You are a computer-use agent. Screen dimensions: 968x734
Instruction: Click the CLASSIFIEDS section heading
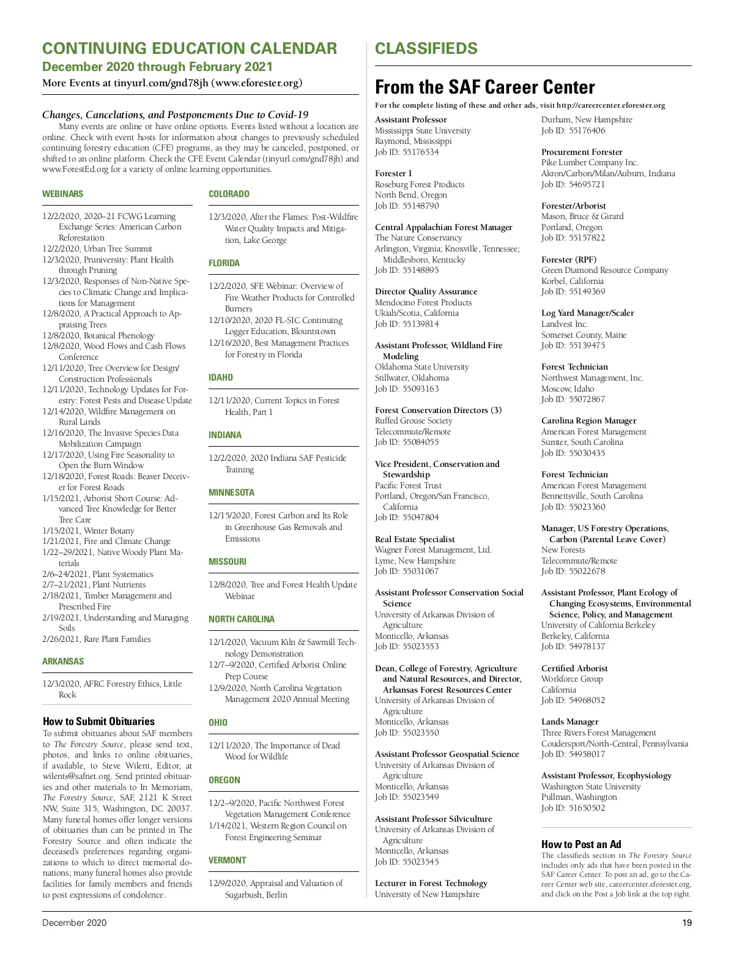[x=426, y=49]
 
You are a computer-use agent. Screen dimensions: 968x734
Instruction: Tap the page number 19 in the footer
[x=687, y=923]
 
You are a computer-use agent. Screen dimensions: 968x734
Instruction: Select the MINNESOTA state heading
[x=231, y=493]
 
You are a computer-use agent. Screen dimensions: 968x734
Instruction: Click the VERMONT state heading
[x=227, y=860]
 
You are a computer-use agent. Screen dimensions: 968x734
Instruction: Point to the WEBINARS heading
[x=62, y=194]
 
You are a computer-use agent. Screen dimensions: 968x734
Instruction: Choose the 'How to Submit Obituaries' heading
[x=98, y=721]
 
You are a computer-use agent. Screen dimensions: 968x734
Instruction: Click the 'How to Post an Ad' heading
[x=581, y=844]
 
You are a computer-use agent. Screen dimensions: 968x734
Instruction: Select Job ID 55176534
[x=407, y=152]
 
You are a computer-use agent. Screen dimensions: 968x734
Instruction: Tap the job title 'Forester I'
[x=393, y=174]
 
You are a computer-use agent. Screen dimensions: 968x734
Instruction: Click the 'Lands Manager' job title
[x=569, y=722]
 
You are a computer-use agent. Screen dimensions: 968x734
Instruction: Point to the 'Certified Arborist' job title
[x=574, y=668]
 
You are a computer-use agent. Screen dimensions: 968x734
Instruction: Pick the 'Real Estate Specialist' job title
[x=415, y=539]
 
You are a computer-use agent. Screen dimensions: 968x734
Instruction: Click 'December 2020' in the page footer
[x=74, y=923]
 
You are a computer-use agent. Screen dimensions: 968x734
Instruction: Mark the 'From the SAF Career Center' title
[x=484, y=87]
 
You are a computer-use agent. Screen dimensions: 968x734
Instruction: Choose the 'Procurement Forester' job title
[x=582, y=152]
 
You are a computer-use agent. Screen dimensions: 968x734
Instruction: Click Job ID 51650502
[x=573, y=808]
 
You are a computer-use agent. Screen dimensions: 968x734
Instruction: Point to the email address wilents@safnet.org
[x=76, y=776]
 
